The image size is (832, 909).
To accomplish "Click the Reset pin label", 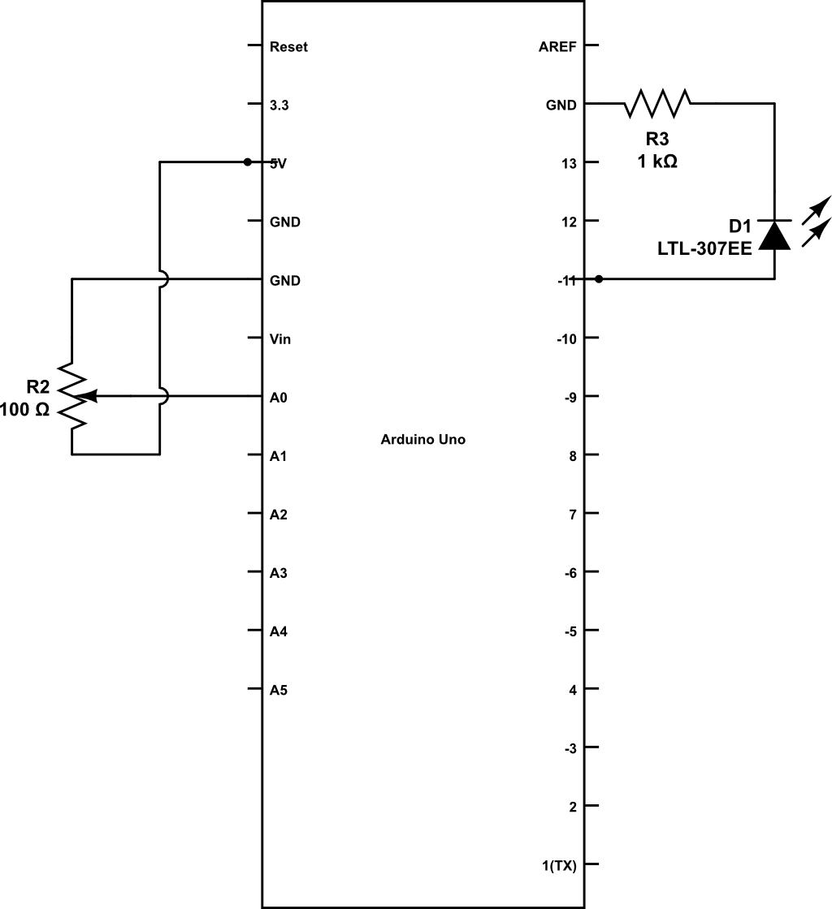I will pos(288,47).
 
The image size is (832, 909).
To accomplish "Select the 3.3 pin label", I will pos(279,106).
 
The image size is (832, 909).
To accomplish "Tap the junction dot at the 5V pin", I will pos(248,162).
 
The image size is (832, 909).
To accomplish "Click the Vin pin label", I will pos(280,339).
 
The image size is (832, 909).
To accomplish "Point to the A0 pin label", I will pos(279,398).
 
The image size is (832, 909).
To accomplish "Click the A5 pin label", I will pos(279,691).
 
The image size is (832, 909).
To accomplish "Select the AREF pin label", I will pos(557,47).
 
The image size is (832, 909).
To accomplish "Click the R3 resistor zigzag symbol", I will pos(657,103).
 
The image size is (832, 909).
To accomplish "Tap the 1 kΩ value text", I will pos(657,162).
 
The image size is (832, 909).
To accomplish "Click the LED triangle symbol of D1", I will pos(774,235).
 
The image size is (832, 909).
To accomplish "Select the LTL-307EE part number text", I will pos(704,249).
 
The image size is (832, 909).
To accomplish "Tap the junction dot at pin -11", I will pos(599,279).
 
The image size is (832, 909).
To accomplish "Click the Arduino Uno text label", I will pos(422,440).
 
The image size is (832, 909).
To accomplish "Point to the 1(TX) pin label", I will pos(559,866).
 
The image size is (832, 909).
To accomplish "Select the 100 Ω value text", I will pos(25,411).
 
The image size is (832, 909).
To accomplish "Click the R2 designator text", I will pos(39,386).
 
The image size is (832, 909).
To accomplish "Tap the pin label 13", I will pos(569,164).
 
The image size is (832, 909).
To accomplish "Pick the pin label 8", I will pos(573,457).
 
